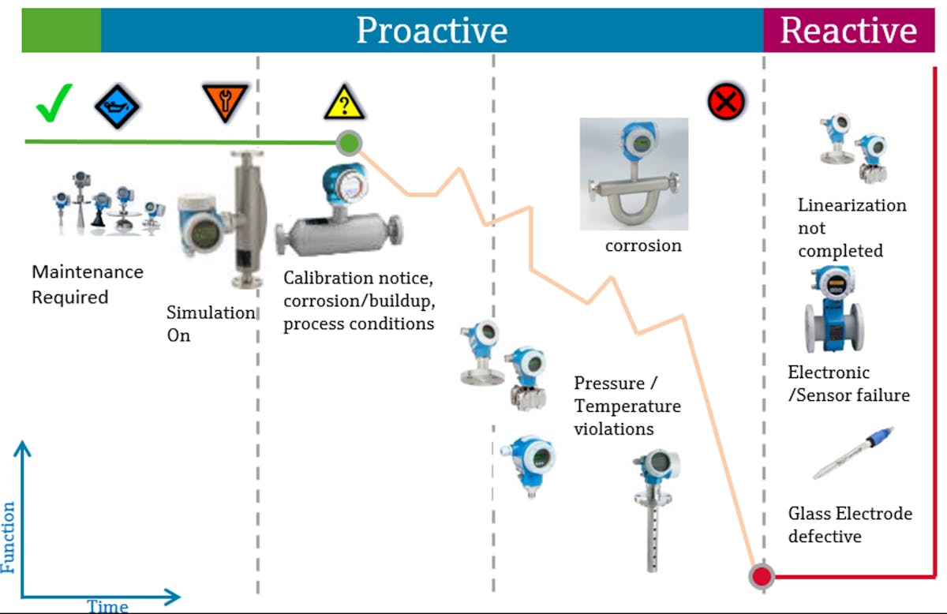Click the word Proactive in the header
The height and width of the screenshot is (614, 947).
432,31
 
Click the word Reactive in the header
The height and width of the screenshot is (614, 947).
848,31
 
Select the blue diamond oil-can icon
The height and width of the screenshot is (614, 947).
117,106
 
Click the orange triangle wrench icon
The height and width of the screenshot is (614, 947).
225,103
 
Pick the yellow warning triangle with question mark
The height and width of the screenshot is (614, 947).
343,103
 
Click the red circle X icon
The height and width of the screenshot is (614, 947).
726,102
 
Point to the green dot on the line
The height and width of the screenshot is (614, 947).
349,143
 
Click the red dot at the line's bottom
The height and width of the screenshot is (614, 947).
762,575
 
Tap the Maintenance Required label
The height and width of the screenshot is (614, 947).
87,284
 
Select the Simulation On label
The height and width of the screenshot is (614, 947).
210,323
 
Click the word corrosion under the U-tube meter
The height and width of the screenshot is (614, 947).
643,245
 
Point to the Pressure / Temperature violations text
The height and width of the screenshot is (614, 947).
627,406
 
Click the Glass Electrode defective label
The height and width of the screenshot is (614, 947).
849,525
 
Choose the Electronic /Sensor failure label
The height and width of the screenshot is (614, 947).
848,384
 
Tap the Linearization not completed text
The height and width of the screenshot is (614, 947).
852,227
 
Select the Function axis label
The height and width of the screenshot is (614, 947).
9,537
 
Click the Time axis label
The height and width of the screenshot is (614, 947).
107,606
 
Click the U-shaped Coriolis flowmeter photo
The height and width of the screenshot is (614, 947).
634,174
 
